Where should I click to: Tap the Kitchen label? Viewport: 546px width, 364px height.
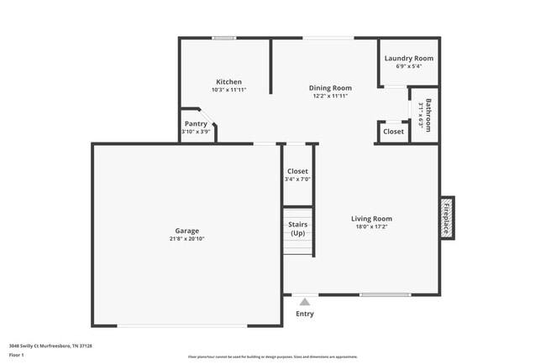(x=228, y=82)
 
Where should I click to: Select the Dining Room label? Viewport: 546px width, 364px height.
(x=330, y=87)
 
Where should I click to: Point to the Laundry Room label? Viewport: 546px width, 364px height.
(x=408, y=58)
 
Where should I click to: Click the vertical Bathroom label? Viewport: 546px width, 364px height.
(x=428, y=115)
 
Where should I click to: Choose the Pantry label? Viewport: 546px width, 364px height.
(x=196, y=123)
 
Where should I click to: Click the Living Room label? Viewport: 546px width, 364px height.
(x=371, y=219)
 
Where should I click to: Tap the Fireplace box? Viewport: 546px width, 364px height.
(x=447, y=218)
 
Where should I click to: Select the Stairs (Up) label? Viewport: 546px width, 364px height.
(x=297, y=229)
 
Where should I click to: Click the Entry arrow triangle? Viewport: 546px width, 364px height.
(x=305, y=300)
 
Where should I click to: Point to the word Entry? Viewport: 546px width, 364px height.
(x=305, y=314)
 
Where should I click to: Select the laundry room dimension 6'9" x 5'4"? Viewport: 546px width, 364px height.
(x=408, y=67)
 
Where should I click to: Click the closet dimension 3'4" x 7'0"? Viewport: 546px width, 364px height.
(x=297, y=179)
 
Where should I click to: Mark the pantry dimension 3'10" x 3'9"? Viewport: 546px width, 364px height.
(x=197, y=132)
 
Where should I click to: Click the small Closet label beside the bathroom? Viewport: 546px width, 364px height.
(x=393, y=132)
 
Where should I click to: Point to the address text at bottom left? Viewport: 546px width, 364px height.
(x=50, y=345)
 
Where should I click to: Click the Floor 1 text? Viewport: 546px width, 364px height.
(x=17, y=356)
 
